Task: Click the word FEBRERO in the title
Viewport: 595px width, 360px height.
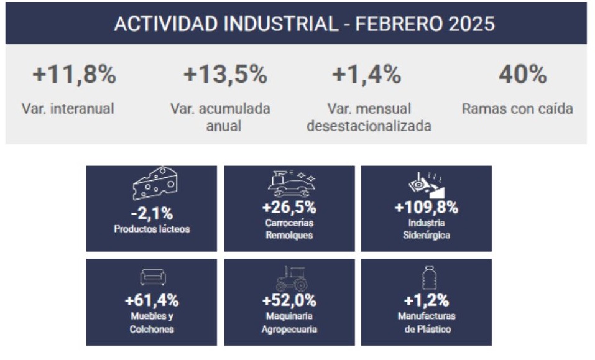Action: (x=399, y=24)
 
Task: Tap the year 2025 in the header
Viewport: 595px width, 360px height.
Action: (x=471, y=24)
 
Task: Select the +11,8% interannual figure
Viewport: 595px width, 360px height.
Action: (x=75, y=75)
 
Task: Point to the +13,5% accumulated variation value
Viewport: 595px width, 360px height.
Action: (x=226, y=75)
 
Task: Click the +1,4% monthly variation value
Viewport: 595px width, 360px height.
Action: (x=367, y=75)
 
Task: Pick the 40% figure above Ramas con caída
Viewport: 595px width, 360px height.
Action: (x=522, y=75)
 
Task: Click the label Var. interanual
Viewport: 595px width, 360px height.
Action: (x=68, y=109)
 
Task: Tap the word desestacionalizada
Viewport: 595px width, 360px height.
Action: (x=369, y=126)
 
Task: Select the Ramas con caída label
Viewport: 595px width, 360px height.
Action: (x=517, y=109)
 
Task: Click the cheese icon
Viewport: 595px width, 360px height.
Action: (x=155, y=183)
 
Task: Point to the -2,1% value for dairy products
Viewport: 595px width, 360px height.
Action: (x=152, y=213)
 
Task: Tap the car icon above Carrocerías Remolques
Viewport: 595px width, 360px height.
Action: (x=292, y=183)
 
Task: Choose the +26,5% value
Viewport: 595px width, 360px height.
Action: (x=289, y=207)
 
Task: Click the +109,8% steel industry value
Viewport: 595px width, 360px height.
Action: (x=427, y=207)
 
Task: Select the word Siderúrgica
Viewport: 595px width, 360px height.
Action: (x=427, y=235)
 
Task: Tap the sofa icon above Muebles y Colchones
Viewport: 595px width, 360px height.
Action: (x=153, y=277)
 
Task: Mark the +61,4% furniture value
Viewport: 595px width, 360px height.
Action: (x=152, y=300)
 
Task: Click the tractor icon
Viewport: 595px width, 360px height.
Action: (x=292, y=279)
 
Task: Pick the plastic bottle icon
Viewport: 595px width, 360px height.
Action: (x=429, y=278)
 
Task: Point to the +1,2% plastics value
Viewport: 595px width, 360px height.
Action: (x=427, y=300)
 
